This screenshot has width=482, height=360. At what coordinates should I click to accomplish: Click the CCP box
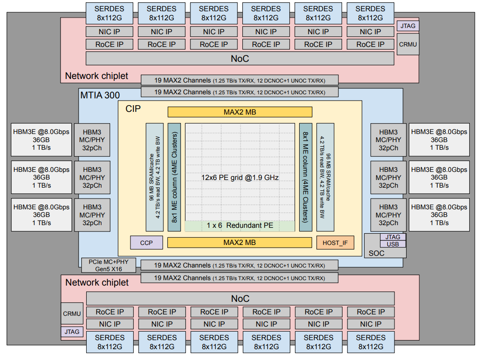[x=146, y=243]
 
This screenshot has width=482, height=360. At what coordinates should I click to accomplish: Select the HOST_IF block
[x=335, y=243]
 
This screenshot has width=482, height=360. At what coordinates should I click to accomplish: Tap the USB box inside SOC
[x=393, y=244]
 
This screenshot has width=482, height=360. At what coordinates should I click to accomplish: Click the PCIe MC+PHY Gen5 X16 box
[x=108, y=265]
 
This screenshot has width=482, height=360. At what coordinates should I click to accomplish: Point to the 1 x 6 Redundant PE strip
[x=240, y=226]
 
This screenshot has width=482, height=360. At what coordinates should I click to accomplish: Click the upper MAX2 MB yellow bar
[x=240, y=112]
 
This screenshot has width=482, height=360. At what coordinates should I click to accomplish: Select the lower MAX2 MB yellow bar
[x=240, y=243]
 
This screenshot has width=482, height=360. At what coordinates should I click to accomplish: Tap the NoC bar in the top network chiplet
[x=240, y=58]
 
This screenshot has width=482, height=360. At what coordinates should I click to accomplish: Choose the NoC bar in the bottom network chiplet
[x=241, y=299]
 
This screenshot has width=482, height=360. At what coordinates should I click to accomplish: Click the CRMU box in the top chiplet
[x=408, y=44]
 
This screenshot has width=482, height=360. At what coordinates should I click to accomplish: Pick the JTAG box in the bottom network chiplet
[x=72, y=332]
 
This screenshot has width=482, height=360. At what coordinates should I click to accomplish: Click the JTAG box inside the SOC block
[x=393, y=237]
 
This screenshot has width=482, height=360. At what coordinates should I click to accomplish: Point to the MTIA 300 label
[x=100, y=95]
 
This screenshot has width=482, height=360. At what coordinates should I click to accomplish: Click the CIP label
[x=133, y=109]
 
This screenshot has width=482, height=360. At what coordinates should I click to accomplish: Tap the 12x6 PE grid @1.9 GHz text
[x=240, y=178]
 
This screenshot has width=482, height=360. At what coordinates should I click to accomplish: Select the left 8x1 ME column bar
[x=174, y=177]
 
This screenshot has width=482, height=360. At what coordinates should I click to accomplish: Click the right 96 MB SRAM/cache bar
[x=325, y=177]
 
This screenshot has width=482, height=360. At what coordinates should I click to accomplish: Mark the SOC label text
[x=376, y=253]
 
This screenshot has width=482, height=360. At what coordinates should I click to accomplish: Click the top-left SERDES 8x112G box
[x=109, y=13]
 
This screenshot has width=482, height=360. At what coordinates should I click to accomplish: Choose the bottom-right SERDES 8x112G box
[x=371, y=342]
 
